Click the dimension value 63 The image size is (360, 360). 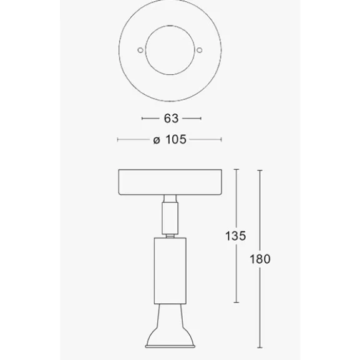click(x=171, y=119)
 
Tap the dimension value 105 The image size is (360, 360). click(x=176, y=139)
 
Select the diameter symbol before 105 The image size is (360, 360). click(x=157, y=140)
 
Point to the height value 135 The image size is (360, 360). click(x=236, y=236)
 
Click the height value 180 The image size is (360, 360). click(x=260, y=259)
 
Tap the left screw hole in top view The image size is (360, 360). click(x=140, y=50)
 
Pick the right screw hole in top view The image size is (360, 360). click(x=200, y=50)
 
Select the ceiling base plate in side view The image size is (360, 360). click(x=170, y=182)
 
